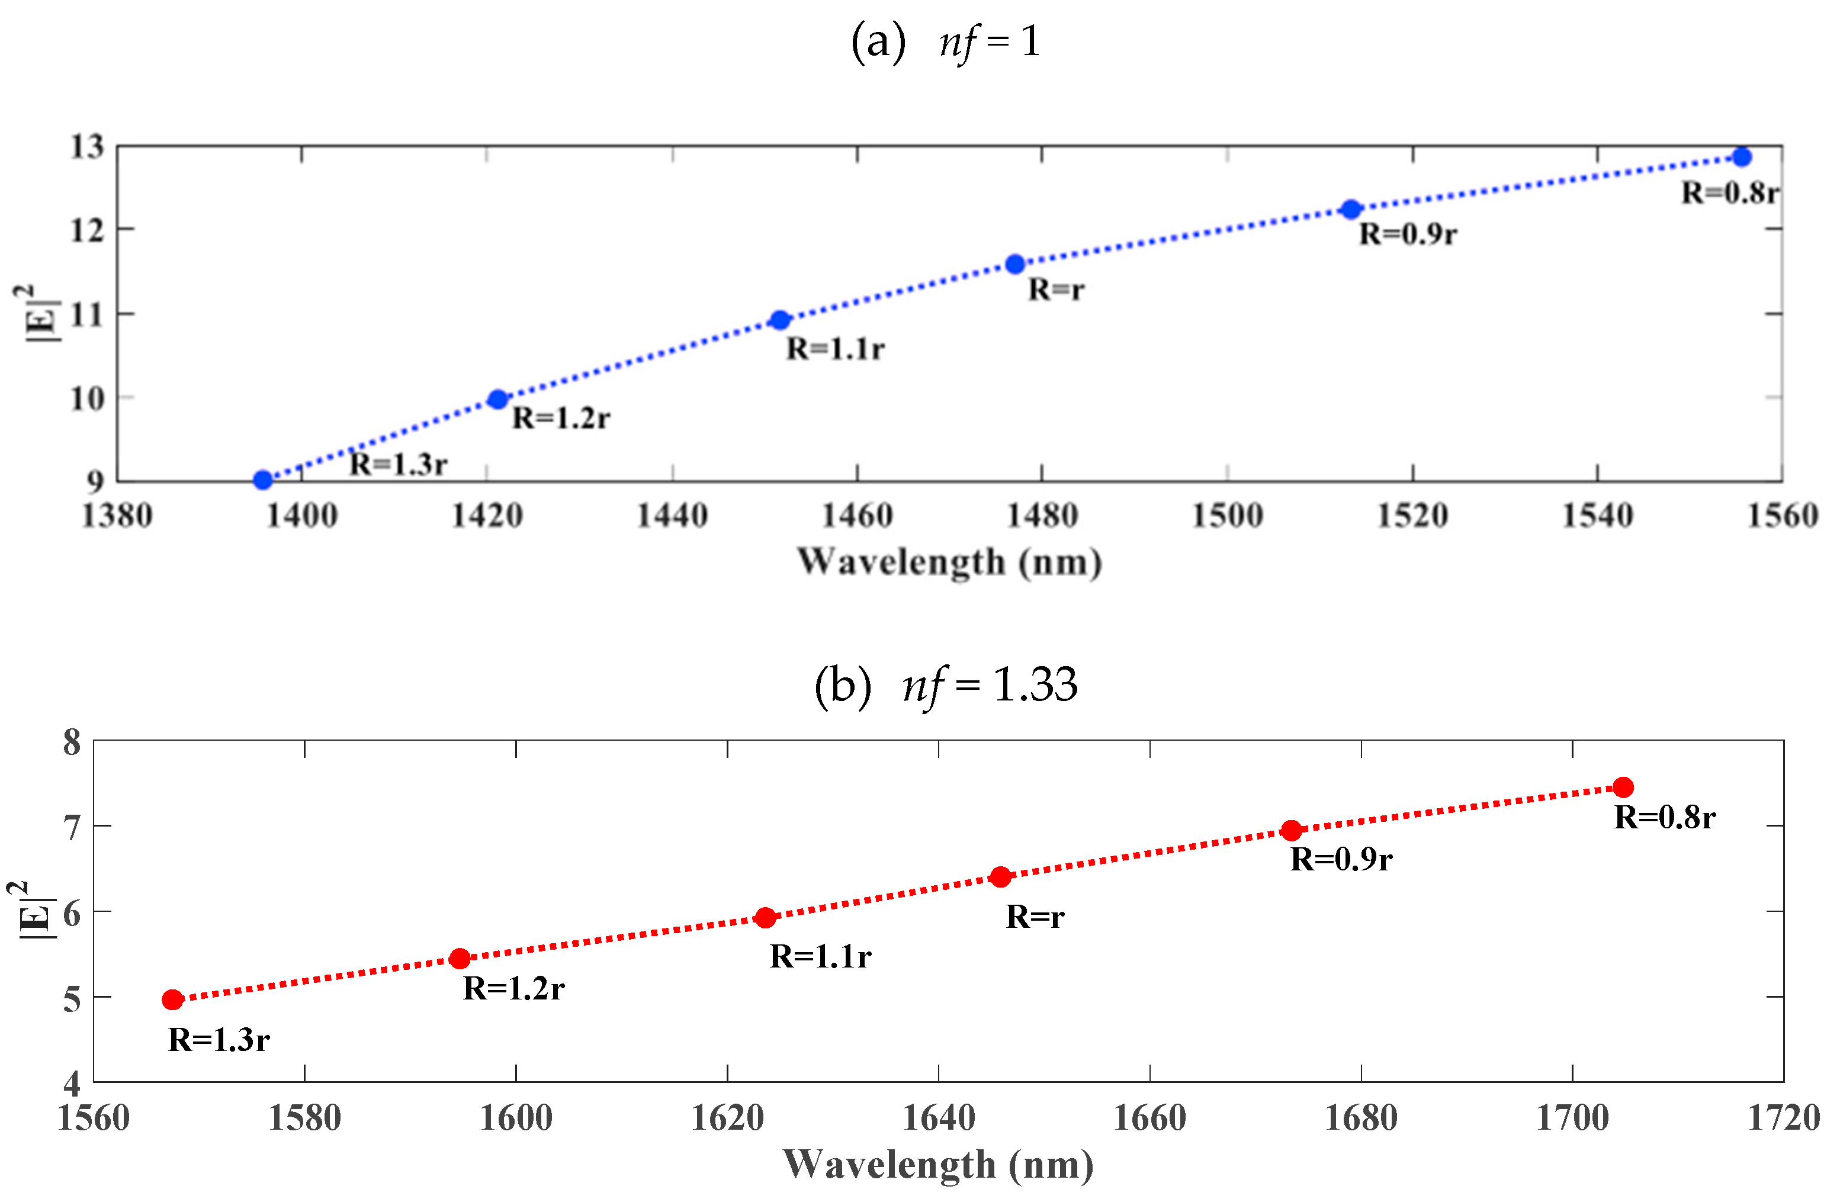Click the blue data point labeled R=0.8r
click(1741, 157)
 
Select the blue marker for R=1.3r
click(263, 480)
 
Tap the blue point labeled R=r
click(1015, 265)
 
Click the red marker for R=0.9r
click(1291, 831)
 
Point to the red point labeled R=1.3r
click(172, 999)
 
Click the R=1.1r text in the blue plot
click(835, 349)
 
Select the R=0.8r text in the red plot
click(1665, 818)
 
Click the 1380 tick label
click(117, 516)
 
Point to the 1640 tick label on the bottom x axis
click(939, 1118)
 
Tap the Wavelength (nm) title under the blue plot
click(949, 562)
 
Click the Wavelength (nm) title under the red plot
click(939, 1165)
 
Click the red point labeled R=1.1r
click(765, 918)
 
